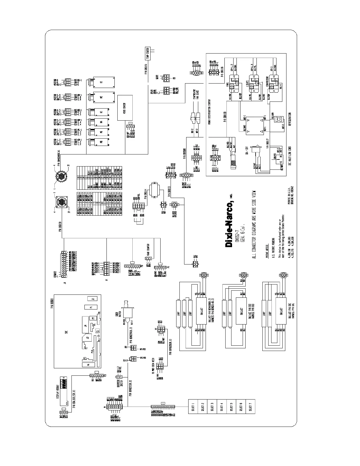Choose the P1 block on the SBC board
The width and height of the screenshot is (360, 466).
[x=87, y=307]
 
